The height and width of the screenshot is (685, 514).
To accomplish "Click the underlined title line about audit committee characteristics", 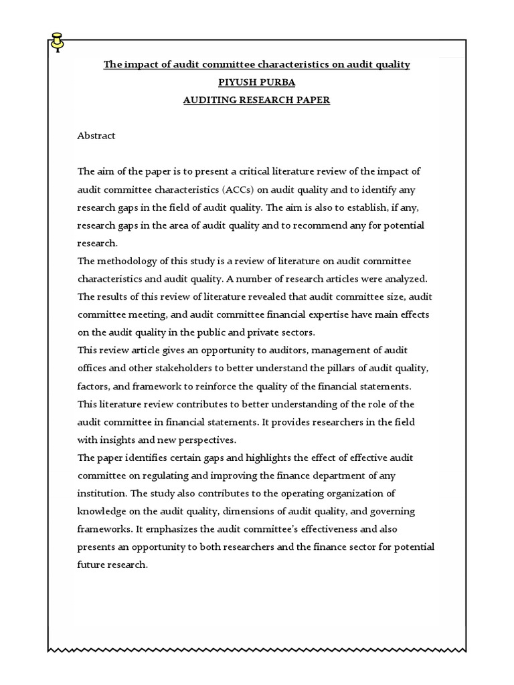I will click(256, 64).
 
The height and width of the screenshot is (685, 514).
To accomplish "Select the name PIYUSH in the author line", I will click(239, 82).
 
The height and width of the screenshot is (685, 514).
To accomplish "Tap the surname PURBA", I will click(278, 82).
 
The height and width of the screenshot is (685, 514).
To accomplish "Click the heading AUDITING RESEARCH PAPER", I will click(256, 100).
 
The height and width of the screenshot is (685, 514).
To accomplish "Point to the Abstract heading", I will click(96, 136).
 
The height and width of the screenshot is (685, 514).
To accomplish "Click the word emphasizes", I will click(175, 529).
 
